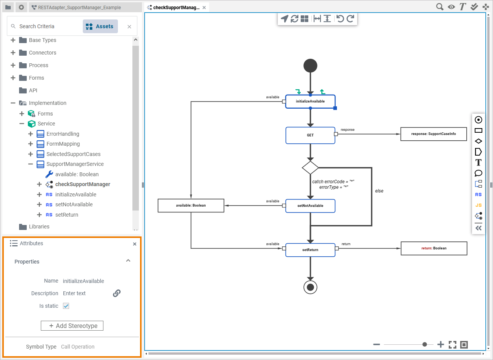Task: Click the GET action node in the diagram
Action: (x=310, y=135)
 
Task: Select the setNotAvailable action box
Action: (x=310, y=206)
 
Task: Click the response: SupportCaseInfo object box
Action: (x=433, y=134)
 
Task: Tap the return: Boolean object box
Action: (x=434, y=248)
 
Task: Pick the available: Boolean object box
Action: (x=191, y=206)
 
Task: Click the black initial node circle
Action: (x=310, y=66)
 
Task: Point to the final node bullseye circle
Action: (x=310, y=287)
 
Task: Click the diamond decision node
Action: (x=310, y=168)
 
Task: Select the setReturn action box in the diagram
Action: (x=310, y=250)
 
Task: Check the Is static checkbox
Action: (x=66, y=306)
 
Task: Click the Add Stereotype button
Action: (x=72, y=326)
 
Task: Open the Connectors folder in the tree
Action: (x=42, y=53)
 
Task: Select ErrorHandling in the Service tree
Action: (x=63, y=134)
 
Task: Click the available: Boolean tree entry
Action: (x=77, y=174)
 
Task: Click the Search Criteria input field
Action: (x=48, y=26)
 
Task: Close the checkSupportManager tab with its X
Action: (x=204, y=8)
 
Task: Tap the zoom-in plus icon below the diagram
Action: (x=441, y=345)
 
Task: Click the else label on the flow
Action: (x=379, y=191)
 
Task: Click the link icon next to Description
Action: (x=117, y=293)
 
